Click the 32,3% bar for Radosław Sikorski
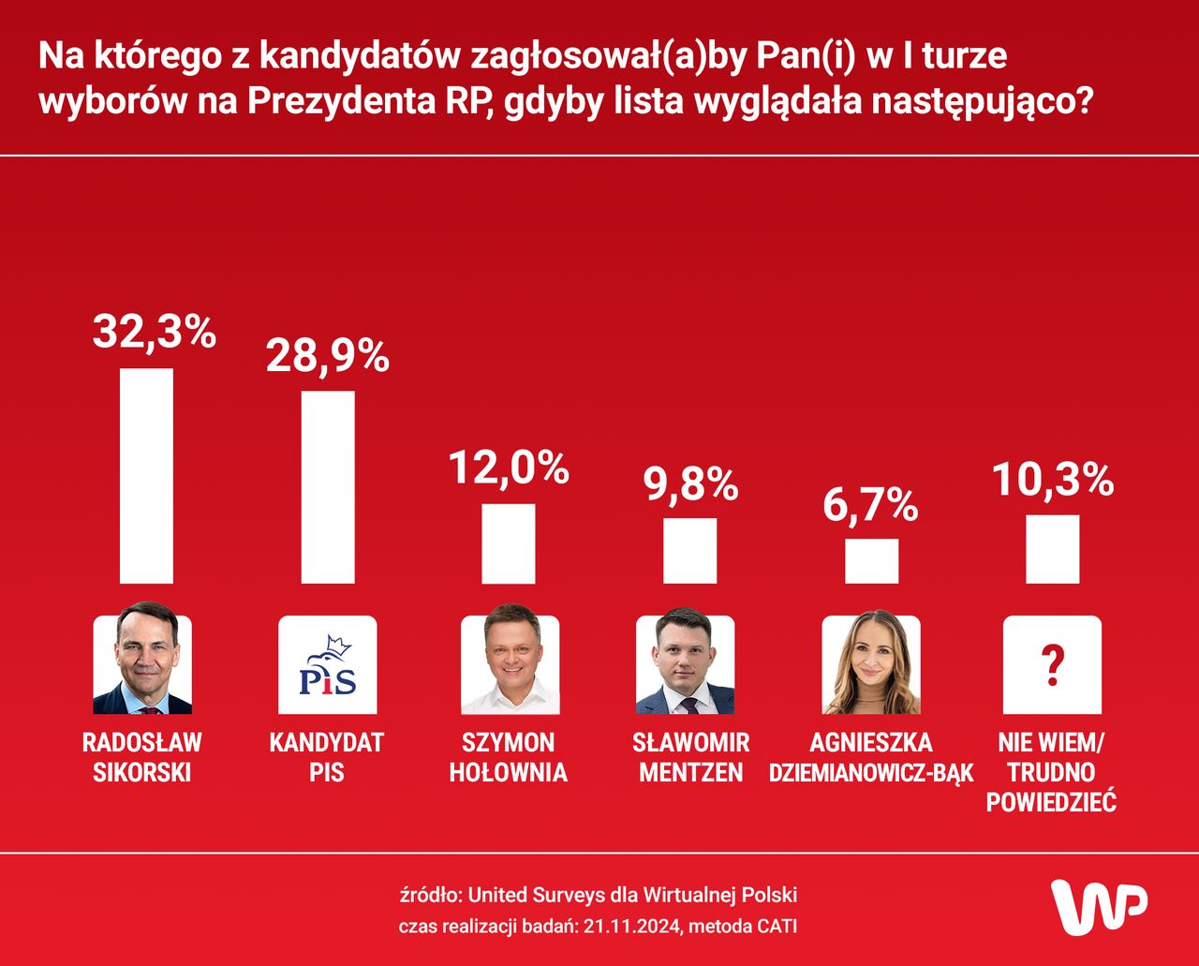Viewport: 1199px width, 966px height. coord(146,476)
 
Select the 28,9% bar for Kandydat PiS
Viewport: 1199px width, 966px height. coord(328,487)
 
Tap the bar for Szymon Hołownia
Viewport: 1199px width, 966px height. coord(509,543)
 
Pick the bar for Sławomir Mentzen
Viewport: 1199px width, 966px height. coord(690,551)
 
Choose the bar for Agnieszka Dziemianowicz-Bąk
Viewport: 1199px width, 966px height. coord(871,561)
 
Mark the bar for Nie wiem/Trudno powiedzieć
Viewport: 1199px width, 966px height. coord(1053,549)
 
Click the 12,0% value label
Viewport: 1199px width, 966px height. coord(509,468)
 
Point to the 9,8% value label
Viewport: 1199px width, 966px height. coord(690,483)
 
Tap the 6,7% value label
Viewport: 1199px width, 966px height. coord(871,505)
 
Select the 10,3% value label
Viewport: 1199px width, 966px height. coord(1053,480)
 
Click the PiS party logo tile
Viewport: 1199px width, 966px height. coord(328,665)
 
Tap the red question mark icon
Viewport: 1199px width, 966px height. coord(1053,665)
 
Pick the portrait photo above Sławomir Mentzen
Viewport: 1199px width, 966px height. coord(685,662)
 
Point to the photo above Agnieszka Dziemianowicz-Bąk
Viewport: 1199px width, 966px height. coord(870,663)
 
